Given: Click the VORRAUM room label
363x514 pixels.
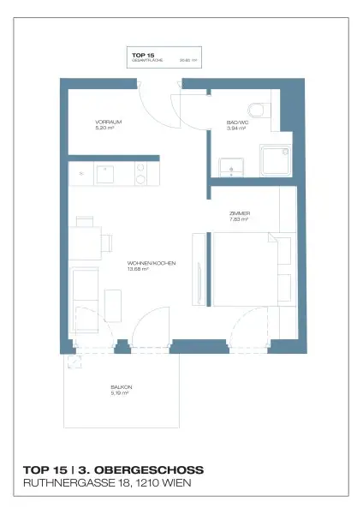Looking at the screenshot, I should (109, 123).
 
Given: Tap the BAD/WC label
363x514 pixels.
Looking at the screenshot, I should (236, 123).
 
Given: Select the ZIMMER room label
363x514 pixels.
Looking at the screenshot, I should (240, 213).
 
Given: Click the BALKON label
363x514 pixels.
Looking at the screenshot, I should (120, 387).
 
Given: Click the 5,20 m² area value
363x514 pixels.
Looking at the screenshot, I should (105, 128).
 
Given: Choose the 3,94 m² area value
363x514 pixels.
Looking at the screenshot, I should (236, 128).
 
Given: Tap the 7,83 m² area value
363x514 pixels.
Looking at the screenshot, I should (240, 219).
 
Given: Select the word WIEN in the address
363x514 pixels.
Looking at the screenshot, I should (187, 484).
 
